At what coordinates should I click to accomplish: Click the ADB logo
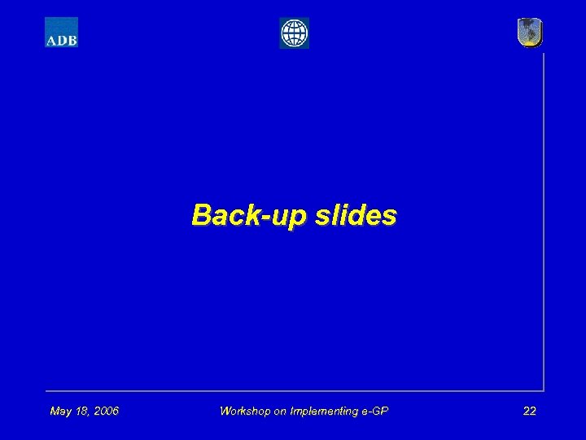[x=61, y=33]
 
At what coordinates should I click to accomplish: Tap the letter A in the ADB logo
[x=51, y=39]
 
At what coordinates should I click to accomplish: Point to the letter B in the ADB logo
[x=72, y=39]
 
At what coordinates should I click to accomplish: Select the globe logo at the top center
[x=294, y=33]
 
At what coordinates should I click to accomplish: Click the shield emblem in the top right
[x=530, y=33]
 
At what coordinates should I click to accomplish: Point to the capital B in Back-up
[x=200, y=215]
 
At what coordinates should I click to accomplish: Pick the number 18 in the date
[x=82, y=411]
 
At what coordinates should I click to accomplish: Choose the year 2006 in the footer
[x=105, y=411]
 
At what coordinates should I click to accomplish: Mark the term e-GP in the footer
[x=374, y=411]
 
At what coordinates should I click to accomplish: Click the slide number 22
[x=529, y=411]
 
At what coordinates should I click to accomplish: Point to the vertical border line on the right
[x=543, y=220]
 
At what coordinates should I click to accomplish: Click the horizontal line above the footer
[x=293, y=390]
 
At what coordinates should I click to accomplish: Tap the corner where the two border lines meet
[x=543, y=390]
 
